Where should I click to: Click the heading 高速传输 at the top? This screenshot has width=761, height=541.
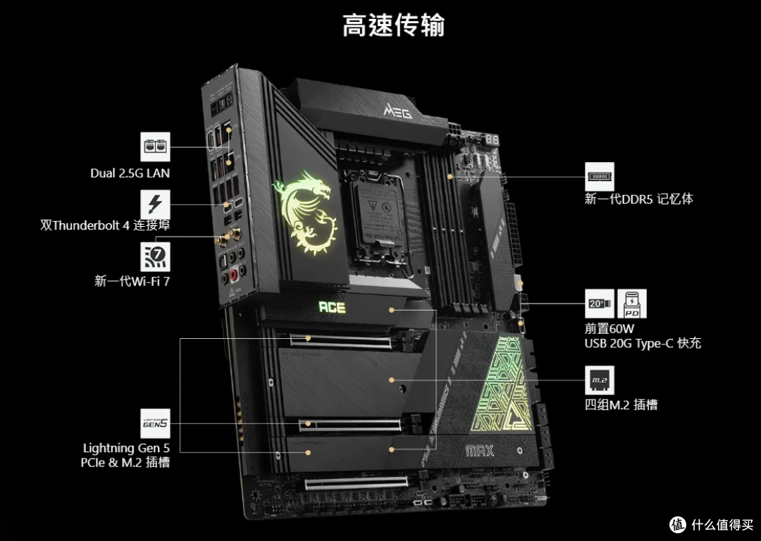tap(394, 25)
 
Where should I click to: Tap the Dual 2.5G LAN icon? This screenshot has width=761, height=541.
tap(155, 147)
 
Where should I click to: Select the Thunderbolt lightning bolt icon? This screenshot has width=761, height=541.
tap(155, 204)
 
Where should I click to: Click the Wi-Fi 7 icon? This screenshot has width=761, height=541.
tap(155, 256)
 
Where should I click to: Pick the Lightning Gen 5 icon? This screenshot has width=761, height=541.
tap(155, 423)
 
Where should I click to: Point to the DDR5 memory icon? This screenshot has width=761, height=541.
tap(600, 177)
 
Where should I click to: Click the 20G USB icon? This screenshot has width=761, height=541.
tap(600, 304)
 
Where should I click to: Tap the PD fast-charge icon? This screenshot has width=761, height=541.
tap(632, 304)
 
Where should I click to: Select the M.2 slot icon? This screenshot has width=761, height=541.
tap(600, 380)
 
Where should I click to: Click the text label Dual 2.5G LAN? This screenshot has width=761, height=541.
tap(130, 173)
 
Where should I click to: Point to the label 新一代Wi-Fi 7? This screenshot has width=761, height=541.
tap(132, 281)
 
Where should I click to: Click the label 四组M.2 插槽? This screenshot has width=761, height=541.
tap(621, 404)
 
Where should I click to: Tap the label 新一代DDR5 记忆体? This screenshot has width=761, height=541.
tap(638, 199)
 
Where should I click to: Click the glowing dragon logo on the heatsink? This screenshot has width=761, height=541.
tap(306, 212)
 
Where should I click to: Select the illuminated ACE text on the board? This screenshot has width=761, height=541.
tap(332, 307)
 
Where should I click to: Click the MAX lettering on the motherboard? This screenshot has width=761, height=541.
tap(480, 452)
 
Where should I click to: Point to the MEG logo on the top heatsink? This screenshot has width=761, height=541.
tap(398, 111)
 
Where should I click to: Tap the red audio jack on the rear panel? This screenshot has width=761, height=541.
tap(234, 274)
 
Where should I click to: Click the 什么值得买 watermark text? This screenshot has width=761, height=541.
tap(723, 525)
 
